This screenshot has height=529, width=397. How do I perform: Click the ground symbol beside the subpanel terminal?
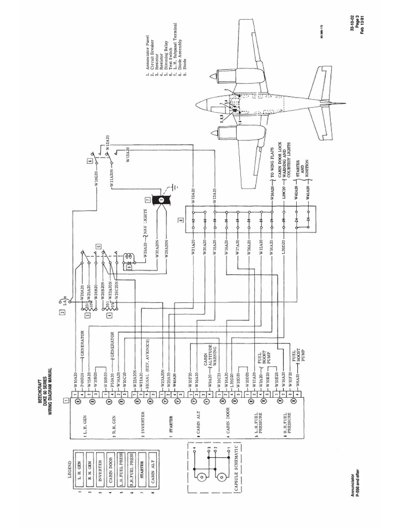[175, 186]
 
